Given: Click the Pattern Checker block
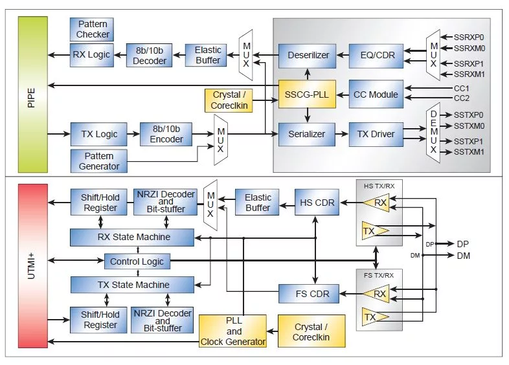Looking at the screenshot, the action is click(92, 29).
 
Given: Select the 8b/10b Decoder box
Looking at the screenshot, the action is click(150, 56).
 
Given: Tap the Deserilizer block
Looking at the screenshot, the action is click(308, 56).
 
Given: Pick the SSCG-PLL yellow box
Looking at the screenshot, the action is click(307, 94).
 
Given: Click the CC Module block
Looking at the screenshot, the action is click(376, 94).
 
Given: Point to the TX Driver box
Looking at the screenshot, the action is click(376, 134).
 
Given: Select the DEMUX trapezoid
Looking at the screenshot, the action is click(433, 133).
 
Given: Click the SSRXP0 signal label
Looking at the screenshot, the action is click(469, 38).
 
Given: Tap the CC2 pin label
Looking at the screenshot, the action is click(461, 98).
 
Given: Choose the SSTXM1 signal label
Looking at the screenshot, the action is click(469, 151).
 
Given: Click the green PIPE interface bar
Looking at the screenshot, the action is click(33, 94).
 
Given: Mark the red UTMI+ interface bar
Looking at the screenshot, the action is click(33, 266).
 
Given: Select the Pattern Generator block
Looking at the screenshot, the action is click(99, 161).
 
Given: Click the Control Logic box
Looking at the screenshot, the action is click(137, 261).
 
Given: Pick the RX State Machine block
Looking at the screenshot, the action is click(132, 237).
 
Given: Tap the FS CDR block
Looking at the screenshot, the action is click(309, 294).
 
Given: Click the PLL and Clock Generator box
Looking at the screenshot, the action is click(232, 331).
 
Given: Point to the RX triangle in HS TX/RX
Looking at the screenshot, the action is click(376, 203).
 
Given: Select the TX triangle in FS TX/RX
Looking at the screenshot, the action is click(375, 316).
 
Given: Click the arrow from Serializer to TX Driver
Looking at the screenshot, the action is click(342, 134).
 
